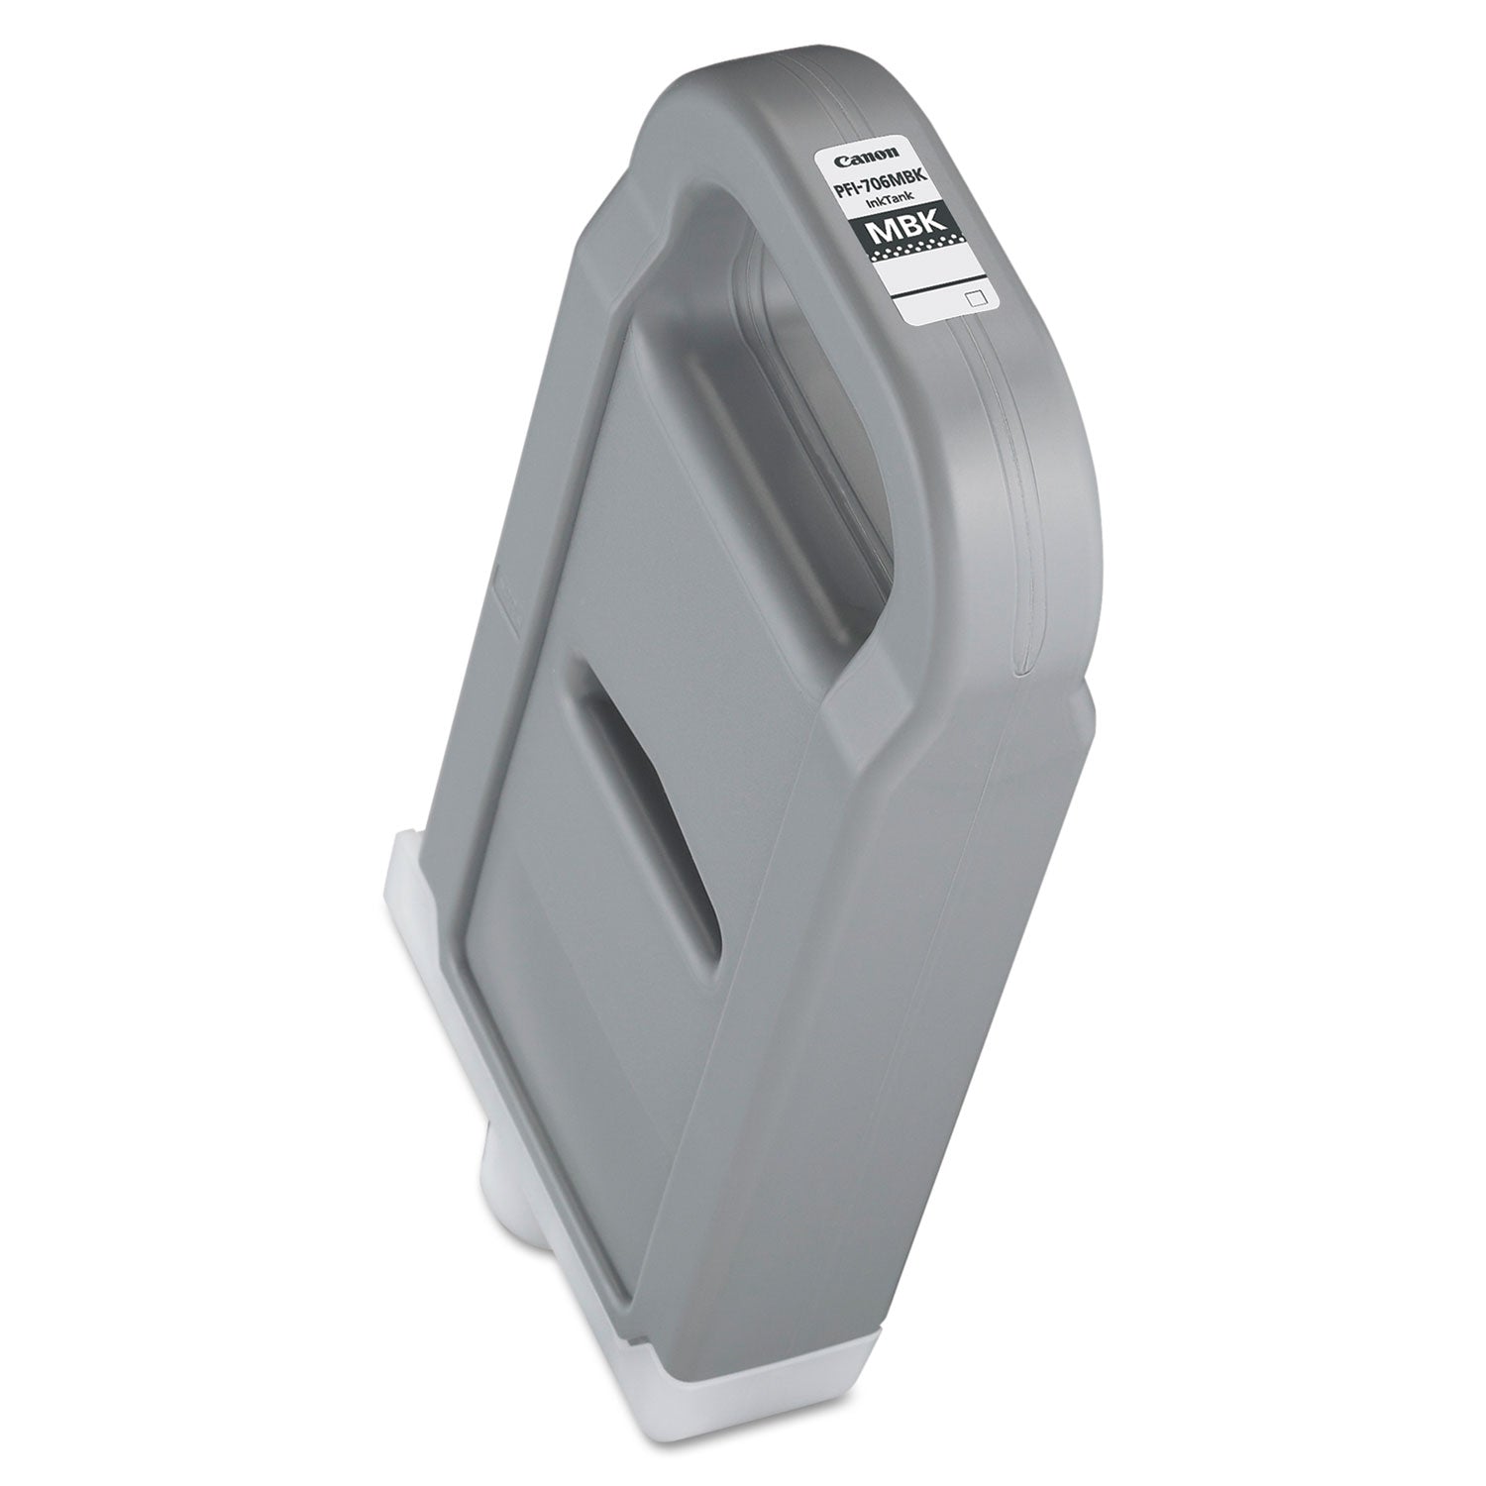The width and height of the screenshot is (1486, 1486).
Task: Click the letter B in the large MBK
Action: pyautogui.click(x=915, y=236)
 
